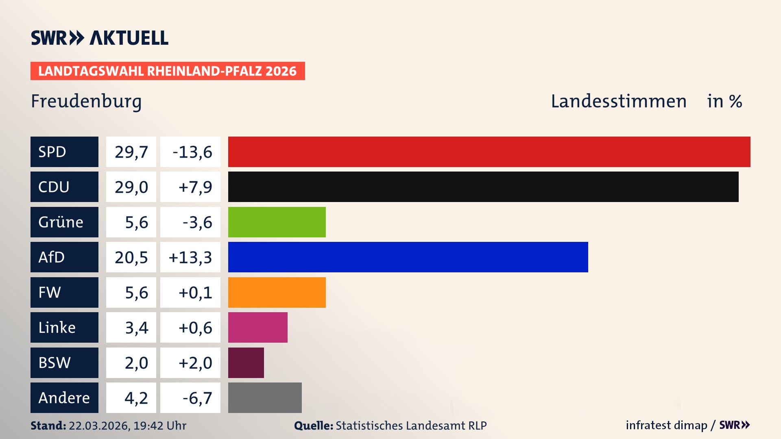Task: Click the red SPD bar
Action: point(489,152)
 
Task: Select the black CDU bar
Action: point(483,187)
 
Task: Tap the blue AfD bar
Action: point(408,257)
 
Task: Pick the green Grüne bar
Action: point(277,222)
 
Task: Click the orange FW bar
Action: point(277,292)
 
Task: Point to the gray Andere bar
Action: point(265,398)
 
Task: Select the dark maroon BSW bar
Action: point(246,363)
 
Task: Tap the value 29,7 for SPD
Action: point(131,152)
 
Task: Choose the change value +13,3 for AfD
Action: point(190,257)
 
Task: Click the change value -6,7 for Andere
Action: point(197,398)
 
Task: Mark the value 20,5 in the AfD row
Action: point(131,257)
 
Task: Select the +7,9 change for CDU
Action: point(195,187)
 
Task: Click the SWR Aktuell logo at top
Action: point(100,38)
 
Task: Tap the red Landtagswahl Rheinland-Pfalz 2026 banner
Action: point(168,71)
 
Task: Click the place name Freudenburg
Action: point(86,101)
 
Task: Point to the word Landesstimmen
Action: point(618,101)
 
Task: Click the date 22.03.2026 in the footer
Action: point(99,426)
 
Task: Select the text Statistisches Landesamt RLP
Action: point(411,426)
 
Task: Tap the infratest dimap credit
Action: point(666,425)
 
